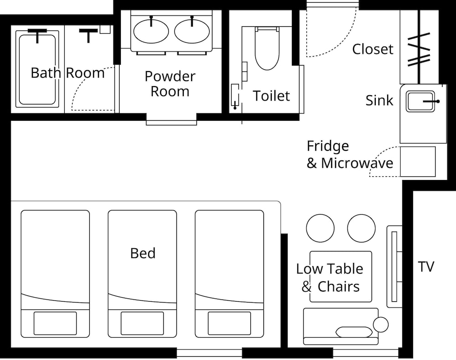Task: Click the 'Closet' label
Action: coord(373,49)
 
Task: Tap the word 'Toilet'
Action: coord(271,96)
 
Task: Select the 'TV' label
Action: coord(426,267)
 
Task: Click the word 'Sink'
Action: coord(379,100)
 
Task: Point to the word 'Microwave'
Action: coord(357,163)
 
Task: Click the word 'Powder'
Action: coord(170,77)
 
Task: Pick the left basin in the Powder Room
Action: coord(151,31)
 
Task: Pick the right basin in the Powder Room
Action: coord(192,31)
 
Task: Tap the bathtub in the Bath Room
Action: coord(37,69)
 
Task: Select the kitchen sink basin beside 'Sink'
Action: coord(420,101)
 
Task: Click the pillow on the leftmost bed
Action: coord(55,323)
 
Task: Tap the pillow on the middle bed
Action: coord(142,323)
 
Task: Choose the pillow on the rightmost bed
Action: coord(229,323)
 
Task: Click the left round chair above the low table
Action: coord(320,228)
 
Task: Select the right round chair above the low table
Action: coord(361,228)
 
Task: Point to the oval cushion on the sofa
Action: coord(354,332)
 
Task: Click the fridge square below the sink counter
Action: coord(418,162)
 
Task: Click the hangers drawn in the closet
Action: coord(419,49)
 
